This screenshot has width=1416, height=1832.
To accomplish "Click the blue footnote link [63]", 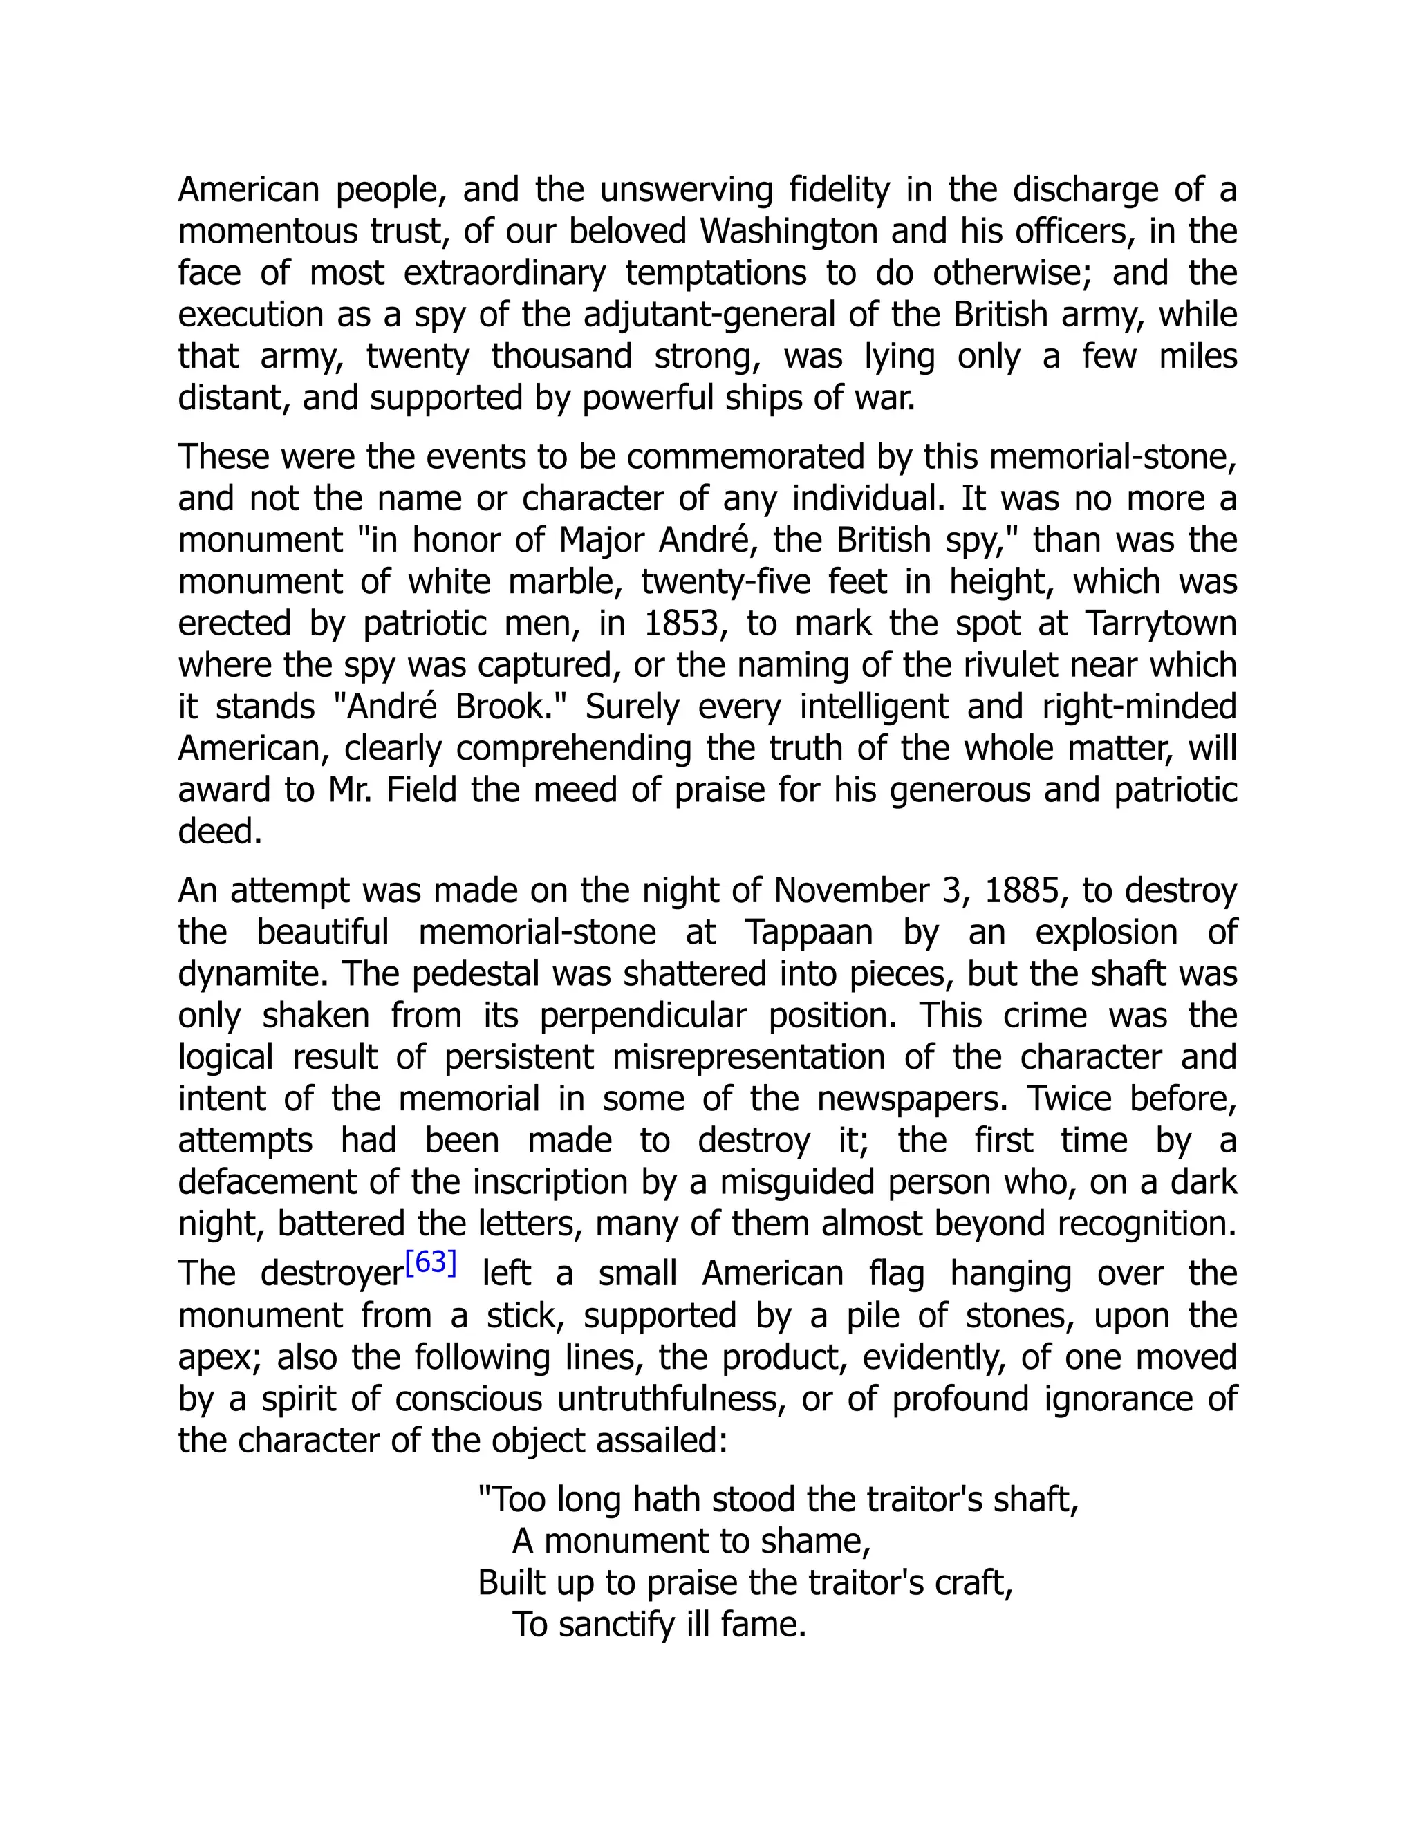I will [x=430, y=1262].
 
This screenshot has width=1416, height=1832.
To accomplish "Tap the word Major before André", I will [x=602, y=540].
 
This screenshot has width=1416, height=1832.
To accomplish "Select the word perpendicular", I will [x=642, y=1016].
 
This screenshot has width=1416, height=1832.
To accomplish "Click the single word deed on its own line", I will [x=220, y=832].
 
